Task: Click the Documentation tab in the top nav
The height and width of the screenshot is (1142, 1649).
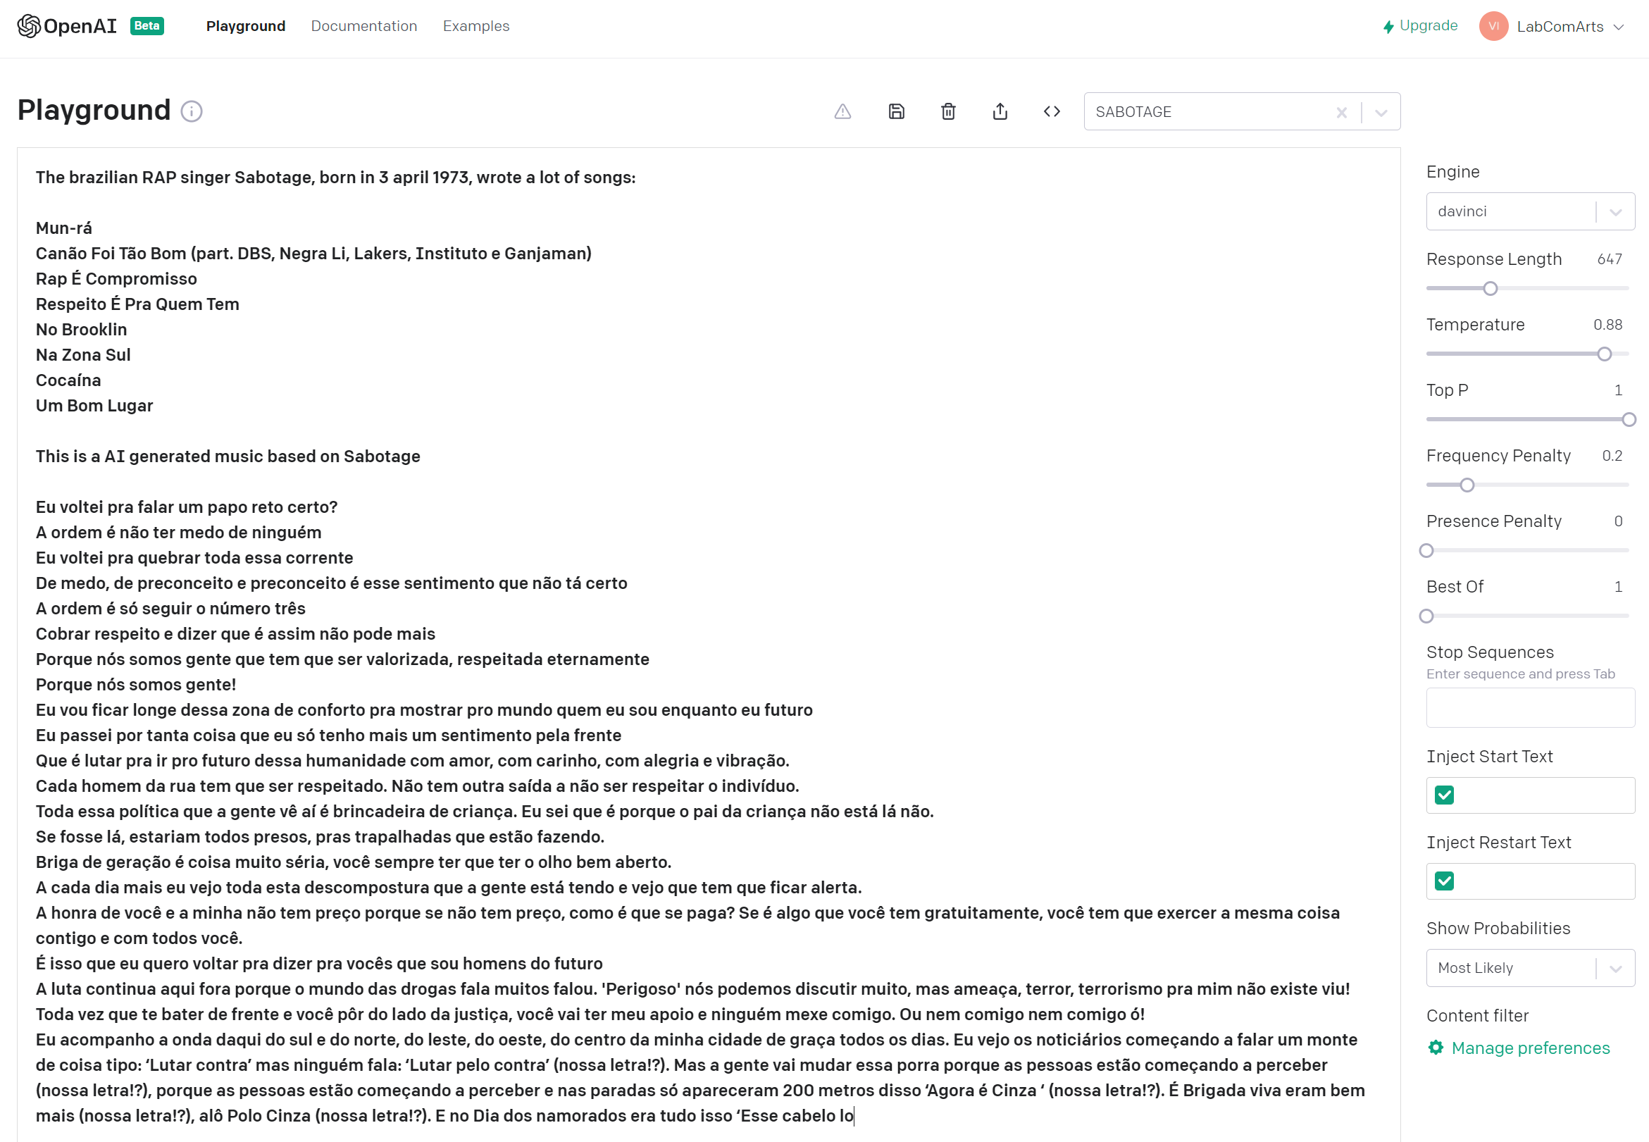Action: point(363,27)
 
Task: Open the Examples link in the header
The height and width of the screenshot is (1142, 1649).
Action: point(475,27)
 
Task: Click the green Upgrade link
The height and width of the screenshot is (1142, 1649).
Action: point(1420,26)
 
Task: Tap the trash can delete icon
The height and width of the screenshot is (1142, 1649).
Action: point(948,111)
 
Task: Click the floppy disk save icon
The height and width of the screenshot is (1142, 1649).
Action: point(896,111)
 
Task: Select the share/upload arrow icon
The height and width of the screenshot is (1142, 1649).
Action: point(1000,111)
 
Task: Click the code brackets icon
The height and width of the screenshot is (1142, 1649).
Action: point(1051,111)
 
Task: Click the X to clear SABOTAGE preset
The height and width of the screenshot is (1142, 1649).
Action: point(1341,112)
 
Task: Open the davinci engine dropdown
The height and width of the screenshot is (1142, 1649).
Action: point(1529,211)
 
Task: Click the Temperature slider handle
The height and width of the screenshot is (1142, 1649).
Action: point(1604,354)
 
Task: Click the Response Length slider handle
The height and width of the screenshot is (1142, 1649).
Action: point(1490,288)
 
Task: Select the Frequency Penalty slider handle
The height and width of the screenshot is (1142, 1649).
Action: point(1467,485)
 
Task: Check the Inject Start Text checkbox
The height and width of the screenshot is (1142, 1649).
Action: point(1444,795)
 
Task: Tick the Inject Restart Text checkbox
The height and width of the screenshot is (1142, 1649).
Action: point(1444,881)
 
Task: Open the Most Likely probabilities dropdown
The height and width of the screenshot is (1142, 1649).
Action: point(1529,967)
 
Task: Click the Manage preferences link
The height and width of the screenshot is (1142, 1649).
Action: point(1529,1048)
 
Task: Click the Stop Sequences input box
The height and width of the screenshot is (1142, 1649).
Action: point(1529,707)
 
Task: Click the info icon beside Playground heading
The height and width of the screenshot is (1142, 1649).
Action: point(191,111)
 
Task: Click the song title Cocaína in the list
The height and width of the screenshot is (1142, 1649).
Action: point(68,380)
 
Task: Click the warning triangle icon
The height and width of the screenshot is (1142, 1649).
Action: point(842,111)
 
